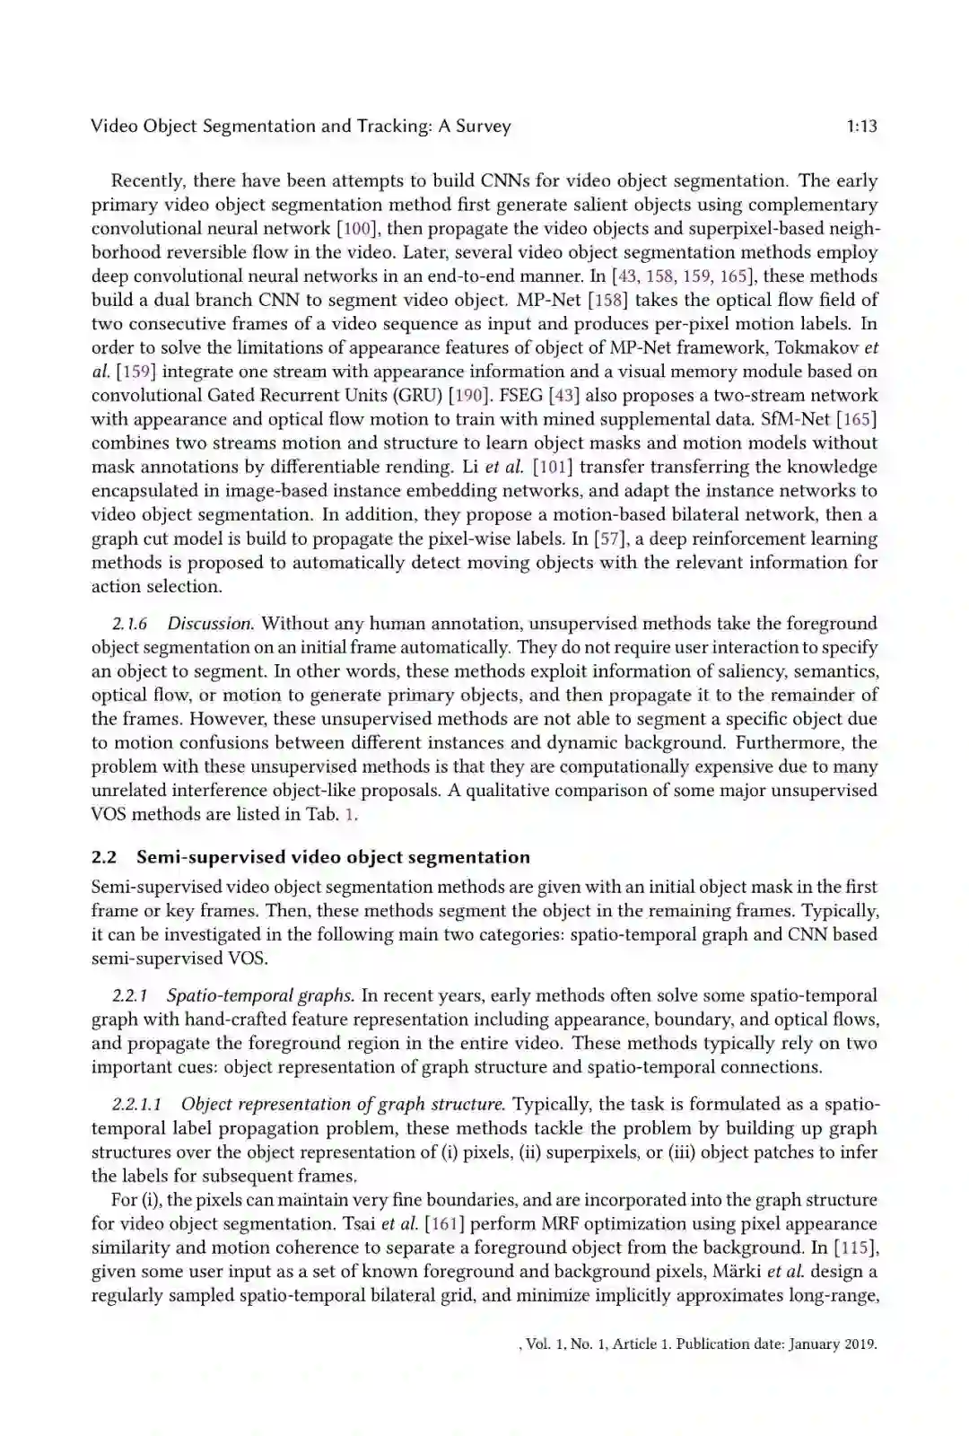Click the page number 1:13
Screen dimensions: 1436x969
[861, 127]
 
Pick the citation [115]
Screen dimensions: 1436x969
[856, 1248]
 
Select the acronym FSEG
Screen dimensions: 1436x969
[522, 396]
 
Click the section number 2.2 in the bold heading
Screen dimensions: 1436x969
[104, 857]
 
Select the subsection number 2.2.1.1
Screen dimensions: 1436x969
[136, 1105]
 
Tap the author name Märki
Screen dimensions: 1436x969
[737, 1272]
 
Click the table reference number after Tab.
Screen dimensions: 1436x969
[351, 815]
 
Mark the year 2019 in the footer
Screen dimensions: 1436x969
[859, 1344]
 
